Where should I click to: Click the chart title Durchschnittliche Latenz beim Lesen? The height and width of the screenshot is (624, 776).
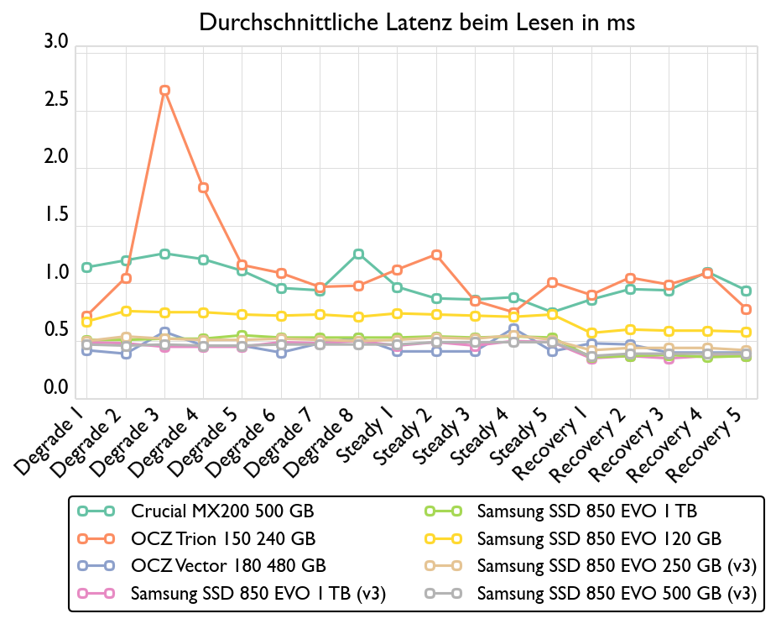tap(417, 23)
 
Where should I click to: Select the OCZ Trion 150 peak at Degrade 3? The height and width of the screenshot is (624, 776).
tap(164, 90)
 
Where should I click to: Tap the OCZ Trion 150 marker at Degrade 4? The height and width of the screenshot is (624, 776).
tap(203, 187)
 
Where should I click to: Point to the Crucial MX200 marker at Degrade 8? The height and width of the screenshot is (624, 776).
tap(358, 254)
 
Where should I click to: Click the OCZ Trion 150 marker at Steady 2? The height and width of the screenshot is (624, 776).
tap(436, 254)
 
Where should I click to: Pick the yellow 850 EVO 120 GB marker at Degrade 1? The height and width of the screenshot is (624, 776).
tap(86, 322)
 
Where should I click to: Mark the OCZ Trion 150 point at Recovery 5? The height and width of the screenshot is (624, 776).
tap(746, 309)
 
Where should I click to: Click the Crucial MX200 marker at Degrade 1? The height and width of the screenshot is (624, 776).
tap(86, 267)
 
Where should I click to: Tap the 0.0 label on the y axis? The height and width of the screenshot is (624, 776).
tap(56, 388)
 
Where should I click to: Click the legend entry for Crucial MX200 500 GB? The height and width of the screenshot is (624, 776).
tap(222, 510)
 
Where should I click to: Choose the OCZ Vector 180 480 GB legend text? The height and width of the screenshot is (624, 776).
tap(228, 565)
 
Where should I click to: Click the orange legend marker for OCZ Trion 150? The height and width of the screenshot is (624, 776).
tap(95, 537)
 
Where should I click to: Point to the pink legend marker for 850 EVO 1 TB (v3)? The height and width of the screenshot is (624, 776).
tap(95, 593)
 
